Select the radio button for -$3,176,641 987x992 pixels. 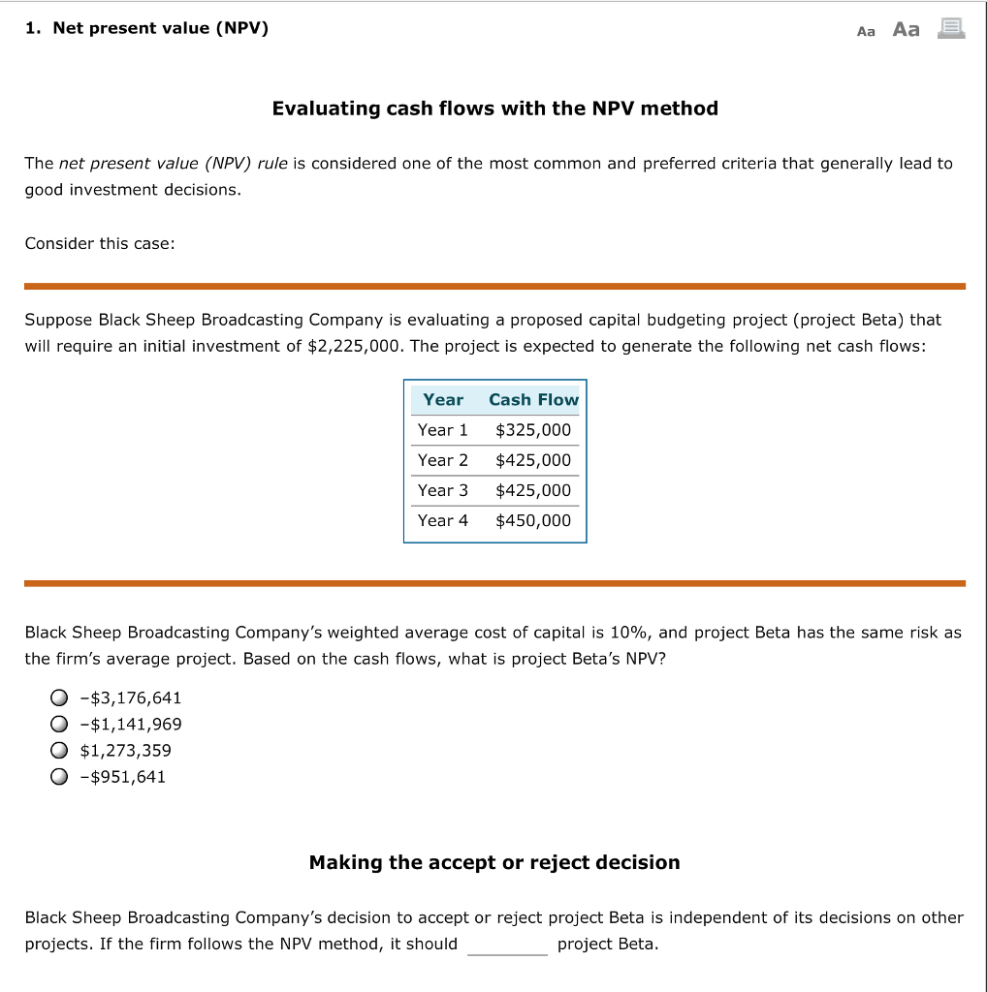tap(60, 698)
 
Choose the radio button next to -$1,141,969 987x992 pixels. tap(60, 725)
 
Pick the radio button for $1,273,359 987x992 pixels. tap(60, 751)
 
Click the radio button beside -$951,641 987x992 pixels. tap(60, 777)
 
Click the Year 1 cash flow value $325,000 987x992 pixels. tap(533, 430)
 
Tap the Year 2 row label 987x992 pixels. tap(442, 460)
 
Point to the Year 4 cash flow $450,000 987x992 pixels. tap(533, 520)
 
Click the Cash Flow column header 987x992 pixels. tap(533, 399)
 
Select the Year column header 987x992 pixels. tap(443, 399)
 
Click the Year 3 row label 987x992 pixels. tap(442, 490)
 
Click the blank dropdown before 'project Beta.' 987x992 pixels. tap(507, 945)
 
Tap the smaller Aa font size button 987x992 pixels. tap(866, 31)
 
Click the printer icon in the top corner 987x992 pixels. tap(951, 29)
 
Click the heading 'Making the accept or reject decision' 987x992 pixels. tap(494, 862)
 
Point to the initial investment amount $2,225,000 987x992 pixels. tap(354, 346)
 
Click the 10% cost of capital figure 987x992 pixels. tap(629, 633)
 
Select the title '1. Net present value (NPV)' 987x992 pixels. tap(146, 28)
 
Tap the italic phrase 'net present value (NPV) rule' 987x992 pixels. tap(174, 163)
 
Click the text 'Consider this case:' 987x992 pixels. tap(100, 243)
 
